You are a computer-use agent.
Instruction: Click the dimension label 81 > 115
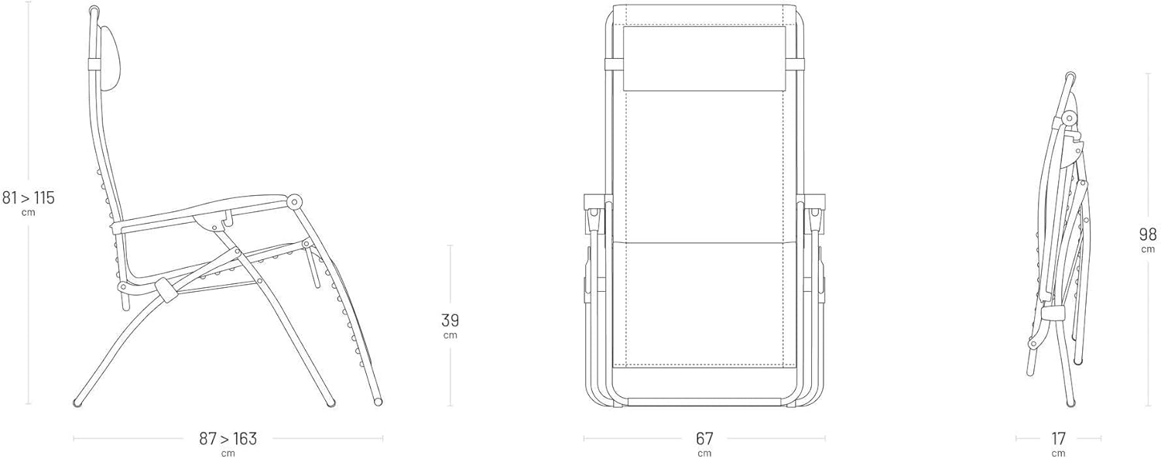[x=29, y=198]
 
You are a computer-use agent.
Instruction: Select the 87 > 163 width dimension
[x=228, y=439]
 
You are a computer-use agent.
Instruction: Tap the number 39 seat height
[x=450, y=320]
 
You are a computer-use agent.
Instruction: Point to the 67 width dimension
[x=704, y=439]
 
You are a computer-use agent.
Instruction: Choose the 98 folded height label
[x=1147, y=235]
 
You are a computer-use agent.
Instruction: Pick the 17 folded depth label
[x=1058, y=439]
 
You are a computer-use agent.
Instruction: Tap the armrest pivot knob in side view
[x=295, y=201]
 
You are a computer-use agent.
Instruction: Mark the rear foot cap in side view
[x=78, y=402]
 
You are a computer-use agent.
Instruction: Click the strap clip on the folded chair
[x=1053, y=311]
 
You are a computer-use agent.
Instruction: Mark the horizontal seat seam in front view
[x=704, y=242]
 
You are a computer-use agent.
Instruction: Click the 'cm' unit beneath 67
[x=704, y=454]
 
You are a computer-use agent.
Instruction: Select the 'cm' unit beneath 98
[x=1147, y=249]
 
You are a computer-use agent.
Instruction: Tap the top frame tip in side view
[x=94, y=11]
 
